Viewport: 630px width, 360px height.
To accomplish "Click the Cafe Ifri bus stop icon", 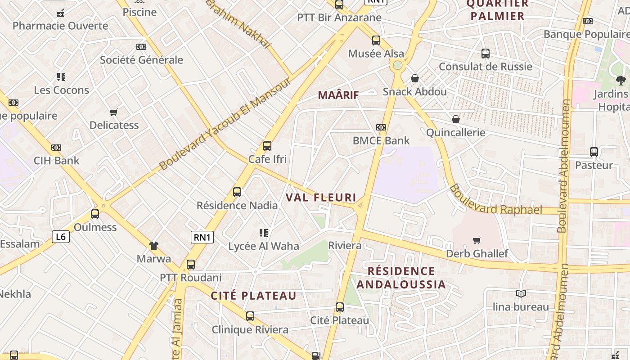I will pos(267,146).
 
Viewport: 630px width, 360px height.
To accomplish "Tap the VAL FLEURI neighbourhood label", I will pos(321,198).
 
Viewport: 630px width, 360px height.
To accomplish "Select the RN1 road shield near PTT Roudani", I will pos(202,237).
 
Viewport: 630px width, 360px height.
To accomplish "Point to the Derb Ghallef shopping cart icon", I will pos(477,241).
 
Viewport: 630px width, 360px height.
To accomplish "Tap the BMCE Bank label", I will pos(381,140).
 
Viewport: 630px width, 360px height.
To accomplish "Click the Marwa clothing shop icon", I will pos(154,246).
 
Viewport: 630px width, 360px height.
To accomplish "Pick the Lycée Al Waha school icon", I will pos(264,233).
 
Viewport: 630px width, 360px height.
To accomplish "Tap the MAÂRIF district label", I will pos(338,95).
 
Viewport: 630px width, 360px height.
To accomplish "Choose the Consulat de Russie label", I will pos(485,67).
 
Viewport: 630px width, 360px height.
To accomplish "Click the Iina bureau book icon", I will pos(521,294).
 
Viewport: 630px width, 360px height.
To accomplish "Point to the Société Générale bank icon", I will pos(141,47).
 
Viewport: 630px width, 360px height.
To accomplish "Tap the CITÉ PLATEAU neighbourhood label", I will pos(254,296).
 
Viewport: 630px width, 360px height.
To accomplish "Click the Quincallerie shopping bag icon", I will pos(456,119).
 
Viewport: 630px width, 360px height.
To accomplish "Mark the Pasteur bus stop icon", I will pos(594,152).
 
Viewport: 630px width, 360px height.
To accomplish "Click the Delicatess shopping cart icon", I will pos(114,112).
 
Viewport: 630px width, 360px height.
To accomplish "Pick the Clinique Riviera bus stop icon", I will pos(250,316).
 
